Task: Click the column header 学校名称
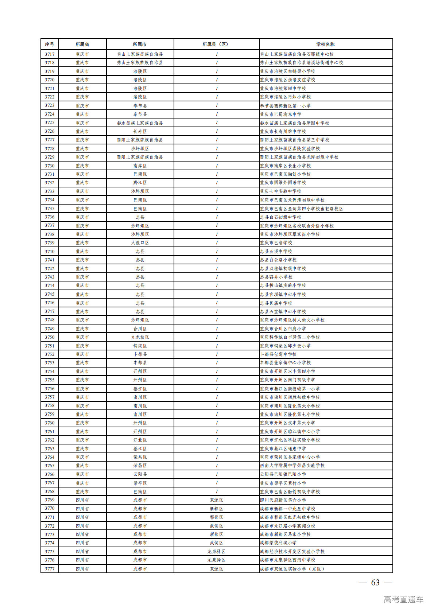click(325, 44)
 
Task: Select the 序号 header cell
click(50, 44)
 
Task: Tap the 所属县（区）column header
click(216, 44)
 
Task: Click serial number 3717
click(50, 54)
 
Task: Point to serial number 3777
click(50, 569)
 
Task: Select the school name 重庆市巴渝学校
click(276, 243)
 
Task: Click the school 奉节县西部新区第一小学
click(285, 106)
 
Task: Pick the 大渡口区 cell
click(140, 243)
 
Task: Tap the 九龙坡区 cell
click(140, 337)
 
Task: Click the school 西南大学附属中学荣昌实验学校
click(292, 466)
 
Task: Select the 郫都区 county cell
click(216, 517)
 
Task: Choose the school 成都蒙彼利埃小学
click(278, 543)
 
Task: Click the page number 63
click(375, 583)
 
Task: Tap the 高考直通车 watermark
click(403, 600)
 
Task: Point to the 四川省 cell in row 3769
click(82, 500)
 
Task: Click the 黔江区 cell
click(140, 183)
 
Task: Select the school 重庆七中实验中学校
click(280, 191)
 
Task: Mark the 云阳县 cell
click(140, 474)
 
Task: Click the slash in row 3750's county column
click(217, 337)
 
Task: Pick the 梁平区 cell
click(140, 483)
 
